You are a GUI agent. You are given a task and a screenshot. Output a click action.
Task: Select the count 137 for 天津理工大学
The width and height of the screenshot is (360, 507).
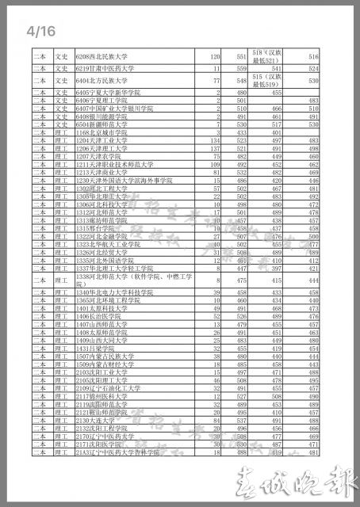coord(213,148)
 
